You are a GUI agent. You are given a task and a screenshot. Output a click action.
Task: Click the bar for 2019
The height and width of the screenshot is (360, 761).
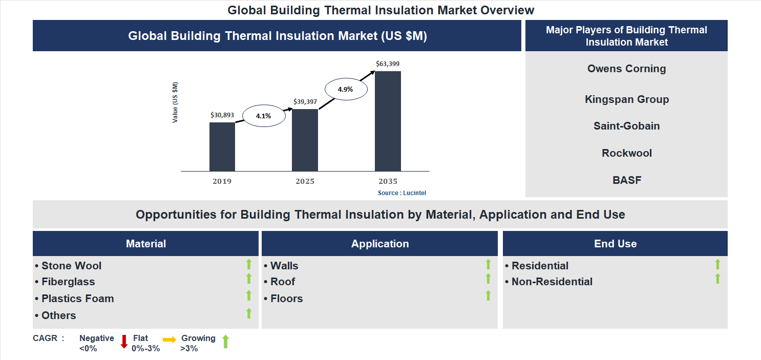coord(222,146)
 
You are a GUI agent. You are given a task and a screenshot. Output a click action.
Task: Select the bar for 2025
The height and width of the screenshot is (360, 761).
coord(305,140)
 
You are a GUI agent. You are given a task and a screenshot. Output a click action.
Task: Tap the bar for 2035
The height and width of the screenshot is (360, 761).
coord(388,121)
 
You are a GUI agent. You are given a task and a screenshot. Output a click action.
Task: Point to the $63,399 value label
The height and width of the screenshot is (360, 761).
coord(388,64)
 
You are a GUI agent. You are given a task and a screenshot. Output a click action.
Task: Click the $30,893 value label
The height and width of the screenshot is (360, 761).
coord(222,115)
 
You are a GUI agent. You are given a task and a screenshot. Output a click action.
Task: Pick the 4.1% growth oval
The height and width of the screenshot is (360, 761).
coord(263,116)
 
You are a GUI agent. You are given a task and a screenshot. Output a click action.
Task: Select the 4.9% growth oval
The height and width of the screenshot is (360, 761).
coord(345,89)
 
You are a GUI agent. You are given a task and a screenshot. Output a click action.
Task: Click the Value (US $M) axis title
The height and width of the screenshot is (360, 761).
coord(175,102)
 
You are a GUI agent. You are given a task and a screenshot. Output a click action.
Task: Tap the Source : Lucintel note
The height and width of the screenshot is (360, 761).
coord(402,193)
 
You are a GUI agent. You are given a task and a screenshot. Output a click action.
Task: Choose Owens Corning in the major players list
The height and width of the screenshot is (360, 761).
coord(626,69)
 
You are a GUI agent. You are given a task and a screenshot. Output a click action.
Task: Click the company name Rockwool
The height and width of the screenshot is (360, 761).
coord(626,153)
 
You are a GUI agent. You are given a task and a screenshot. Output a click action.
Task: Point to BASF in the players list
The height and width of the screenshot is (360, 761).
coord(626,180)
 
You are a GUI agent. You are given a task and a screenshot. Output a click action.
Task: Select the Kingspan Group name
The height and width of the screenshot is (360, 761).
coord(626,99)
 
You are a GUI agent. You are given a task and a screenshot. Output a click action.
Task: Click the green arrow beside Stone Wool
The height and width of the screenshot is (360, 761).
coord(249,264)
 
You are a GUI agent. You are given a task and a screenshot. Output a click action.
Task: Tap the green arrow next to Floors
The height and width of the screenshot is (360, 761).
coord(488,295)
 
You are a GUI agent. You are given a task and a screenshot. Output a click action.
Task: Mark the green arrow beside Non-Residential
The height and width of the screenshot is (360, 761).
coord(717,279)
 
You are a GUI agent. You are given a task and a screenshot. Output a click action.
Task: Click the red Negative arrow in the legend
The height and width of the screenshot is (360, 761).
coord(124,342)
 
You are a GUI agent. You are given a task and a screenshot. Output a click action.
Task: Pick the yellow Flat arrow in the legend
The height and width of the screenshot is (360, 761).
coord(170,340)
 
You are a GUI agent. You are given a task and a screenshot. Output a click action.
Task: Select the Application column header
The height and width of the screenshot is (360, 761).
coord(379,244)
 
